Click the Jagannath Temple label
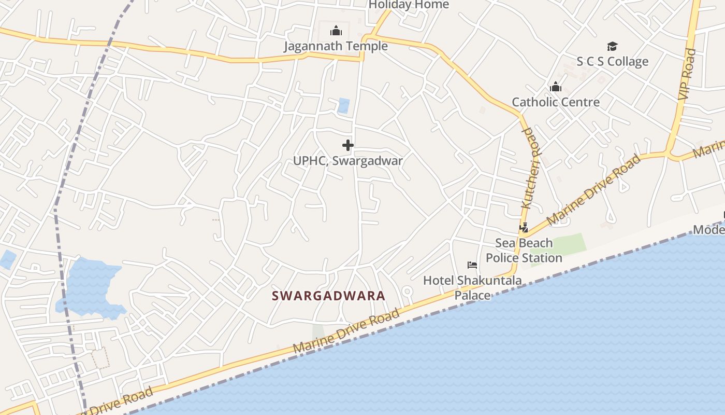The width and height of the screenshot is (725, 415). coord(336,46)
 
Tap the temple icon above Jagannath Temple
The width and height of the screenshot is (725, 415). coord(336,31)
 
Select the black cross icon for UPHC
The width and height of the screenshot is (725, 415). coord(348,145)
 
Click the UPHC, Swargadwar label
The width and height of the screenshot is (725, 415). coord(348,161)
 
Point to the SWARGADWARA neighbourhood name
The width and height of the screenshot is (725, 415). coord(329,296)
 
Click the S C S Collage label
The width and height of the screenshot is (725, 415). coord(613,62)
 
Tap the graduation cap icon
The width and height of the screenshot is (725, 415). coord(613,47)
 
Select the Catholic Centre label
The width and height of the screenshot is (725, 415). coord(556,102)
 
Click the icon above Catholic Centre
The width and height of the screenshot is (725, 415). coord(556,87)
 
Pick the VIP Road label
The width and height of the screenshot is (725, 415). coord(686,74)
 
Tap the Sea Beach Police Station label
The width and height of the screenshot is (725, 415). coord(524,251)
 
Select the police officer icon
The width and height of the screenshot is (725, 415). coord(524,227)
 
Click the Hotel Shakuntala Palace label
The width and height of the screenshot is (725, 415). coord(472,288)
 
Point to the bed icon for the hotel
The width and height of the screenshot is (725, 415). coord(472,265)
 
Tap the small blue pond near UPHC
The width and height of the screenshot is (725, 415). coord(343,106)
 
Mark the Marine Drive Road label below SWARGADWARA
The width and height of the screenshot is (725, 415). coord(346,331)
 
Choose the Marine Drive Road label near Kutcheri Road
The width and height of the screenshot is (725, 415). coord(594,190)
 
